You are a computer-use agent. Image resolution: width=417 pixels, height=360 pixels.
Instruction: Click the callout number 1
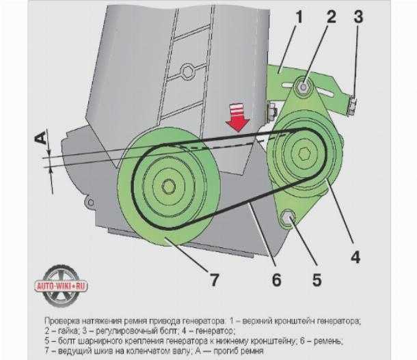pos(299,18)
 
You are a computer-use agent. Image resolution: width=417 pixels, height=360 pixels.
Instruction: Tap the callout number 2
pos(331,17)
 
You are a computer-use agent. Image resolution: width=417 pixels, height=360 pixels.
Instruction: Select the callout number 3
pos(358,17)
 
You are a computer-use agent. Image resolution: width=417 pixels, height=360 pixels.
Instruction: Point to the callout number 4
pos(355,257)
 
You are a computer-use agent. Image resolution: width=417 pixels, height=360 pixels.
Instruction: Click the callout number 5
pos(317,279)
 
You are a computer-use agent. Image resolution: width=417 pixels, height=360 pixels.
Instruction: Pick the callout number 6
pos(276,279)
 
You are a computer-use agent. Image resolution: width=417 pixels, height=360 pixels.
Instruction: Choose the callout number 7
pos(214,279)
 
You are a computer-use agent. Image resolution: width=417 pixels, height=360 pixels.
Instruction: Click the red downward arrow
pos(237,117)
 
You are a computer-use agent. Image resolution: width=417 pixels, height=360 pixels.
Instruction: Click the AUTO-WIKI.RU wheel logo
pos(61,286)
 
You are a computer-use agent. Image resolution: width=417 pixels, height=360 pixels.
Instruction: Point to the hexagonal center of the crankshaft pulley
pos(168,186)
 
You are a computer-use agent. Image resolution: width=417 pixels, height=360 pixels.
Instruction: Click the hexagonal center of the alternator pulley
pos(303,153)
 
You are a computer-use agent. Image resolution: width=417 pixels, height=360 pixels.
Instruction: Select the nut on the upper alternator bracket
pos(303,87)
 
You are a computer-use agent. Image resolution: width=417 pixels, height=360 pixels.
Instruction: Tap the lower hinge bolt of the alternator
pos(287,218)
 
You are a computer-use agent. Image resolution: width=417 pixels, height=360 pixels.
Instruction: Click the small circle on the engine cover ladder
pos(187,71)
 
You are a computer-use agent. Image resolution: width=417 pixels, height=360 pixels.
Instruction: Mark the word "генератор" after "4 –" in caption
pos(215,331)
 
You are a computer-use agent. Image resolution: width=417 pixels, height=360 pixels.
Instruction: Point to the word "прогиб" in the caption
pos(226,351)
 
